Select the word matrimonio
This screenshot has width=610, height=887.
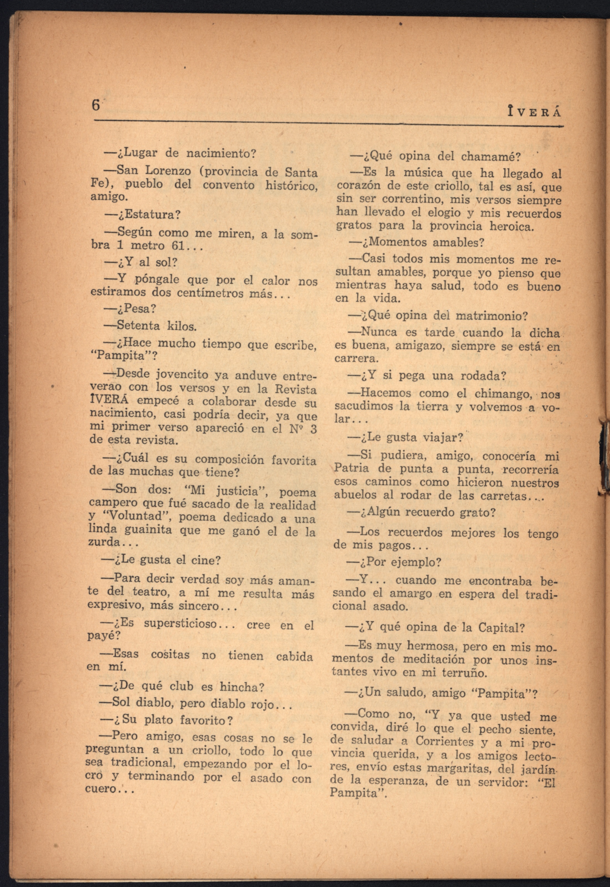click(491, 316)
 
